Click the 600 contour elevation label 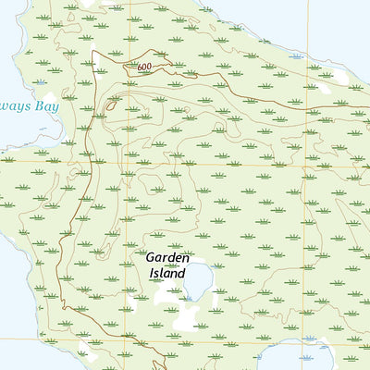pyautogui.click(x=143, y=68)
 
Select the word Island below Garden pyautogui.click(x=167, y=274)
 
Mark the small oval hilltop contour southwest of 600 pyautogui.click(x=112, y=106)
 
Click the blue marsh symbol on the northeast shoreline pyautogui.click(x=296, y=56)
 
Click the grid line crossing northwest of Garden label pyautogui.click(x=125, y=162)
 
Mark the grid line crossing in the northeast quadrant pyautogui.click(x=305, y=162)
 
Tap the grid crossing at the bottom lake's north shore pyautogui.click(x=305, y=339)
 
